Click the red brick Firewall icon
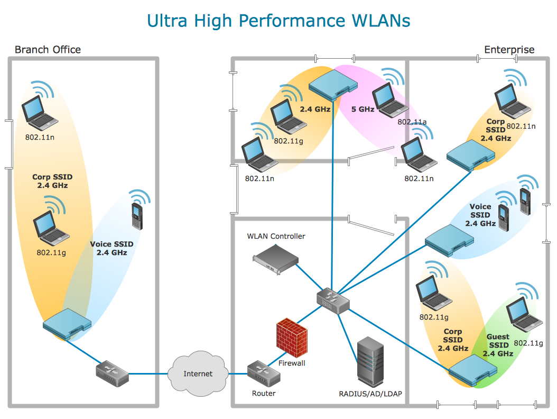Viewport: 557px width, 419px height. click(291, 337)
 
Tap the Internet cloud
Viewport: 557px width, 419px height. click(198, 374)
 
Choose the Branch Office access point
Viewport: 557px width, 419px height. click(67, 323)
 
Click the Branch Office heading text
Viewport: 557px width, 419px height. click(48, 50)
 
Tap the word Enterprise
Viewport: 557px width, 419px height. click(509, 50)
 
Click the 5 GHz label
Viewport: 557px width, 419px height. click(363, 110)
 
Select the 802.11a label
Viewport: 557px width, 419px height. click(412, 122)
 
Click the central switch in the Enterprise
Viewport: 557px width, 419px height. click(333, 302)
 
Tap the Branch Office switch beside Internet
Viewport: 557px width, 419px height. click(112, 372)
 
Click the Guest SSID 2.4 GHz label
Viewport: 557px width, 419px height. click(498, 345)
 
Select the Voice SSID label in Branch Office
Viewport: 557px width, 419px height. click(112, 248)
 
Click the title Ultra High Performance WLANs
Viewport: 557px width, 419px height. click(278, 20)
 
